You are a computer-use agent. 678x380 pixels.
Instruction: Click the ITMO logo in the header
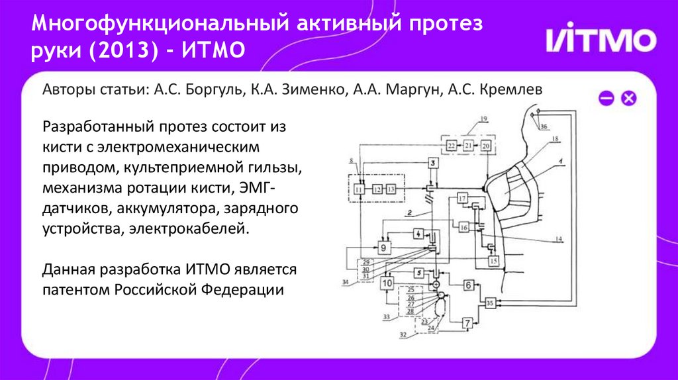(601, 41)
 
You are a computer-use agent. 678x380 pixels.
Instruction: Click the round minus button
(606, 99)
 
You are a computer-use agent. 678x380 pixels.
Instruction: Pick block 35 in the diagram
(490, 303)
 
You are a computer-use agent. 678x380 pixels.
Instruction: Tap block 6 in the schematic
(467, 285)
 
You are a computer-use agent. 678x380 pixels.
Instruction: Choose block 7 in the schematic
(467, 323)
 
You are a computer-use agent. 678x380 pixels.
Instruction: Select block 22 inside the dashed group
(452, 145)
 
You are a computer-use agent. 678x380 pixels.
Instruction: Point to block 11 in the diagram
(359, 189)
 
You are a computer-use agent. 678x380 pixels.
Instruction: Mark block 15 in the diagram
(493, 261)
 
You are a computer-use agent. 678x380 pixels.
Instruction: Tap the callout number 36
(544, 126)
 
